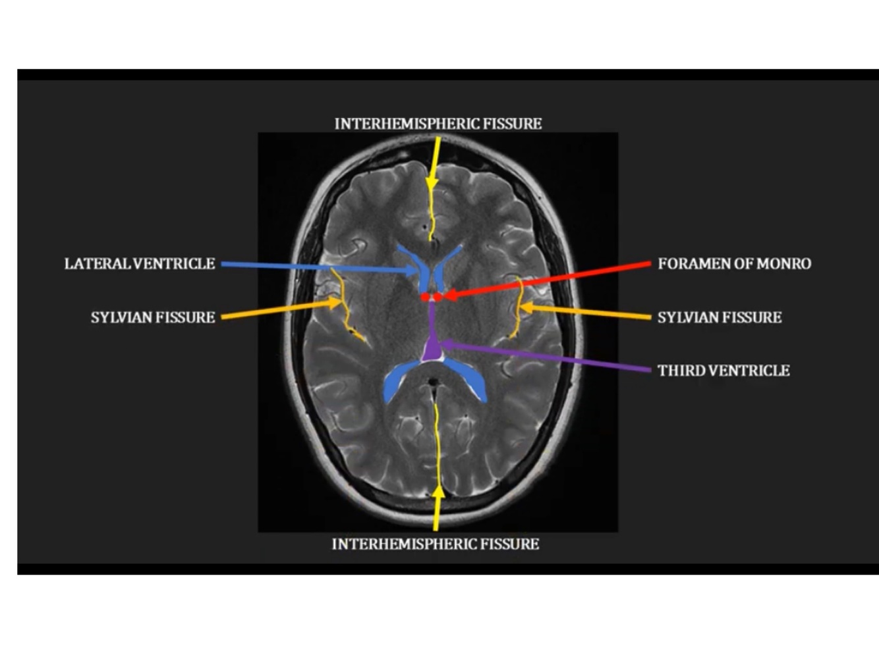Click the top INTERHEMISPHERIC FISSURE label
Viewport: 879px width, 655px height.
[438, 124]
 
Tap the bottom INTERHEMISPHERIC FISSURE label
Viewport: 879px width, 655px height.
[435, 544]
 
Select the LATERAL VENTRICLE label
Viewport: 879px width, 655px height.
[140, 264]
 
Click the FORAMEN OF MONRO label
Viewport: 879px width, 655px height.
[734, 264]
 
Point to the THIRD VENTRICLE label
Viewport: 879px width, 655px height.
[723, 371]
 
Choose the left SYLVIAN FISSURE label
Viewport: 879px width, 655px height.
[153, 317]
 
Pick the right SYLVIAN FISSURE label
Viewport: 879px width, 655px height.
[720, 317]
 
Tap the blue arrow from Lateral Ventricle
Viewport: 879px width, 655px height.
[316, 267]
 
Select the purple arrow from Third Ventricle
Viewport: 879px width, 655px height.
[547, 357]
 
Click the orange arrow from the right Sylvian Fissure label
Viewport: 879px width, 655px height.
[586, 313]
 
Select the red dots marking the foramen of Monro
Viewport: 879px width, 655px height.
[432, 297]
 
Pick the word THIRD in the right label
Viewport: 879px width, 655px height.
[681, 371]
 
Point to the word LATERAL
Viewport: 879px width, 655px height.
[98, 264]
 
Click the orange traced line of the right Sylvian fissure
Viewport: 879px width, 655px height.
[520, 306]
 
